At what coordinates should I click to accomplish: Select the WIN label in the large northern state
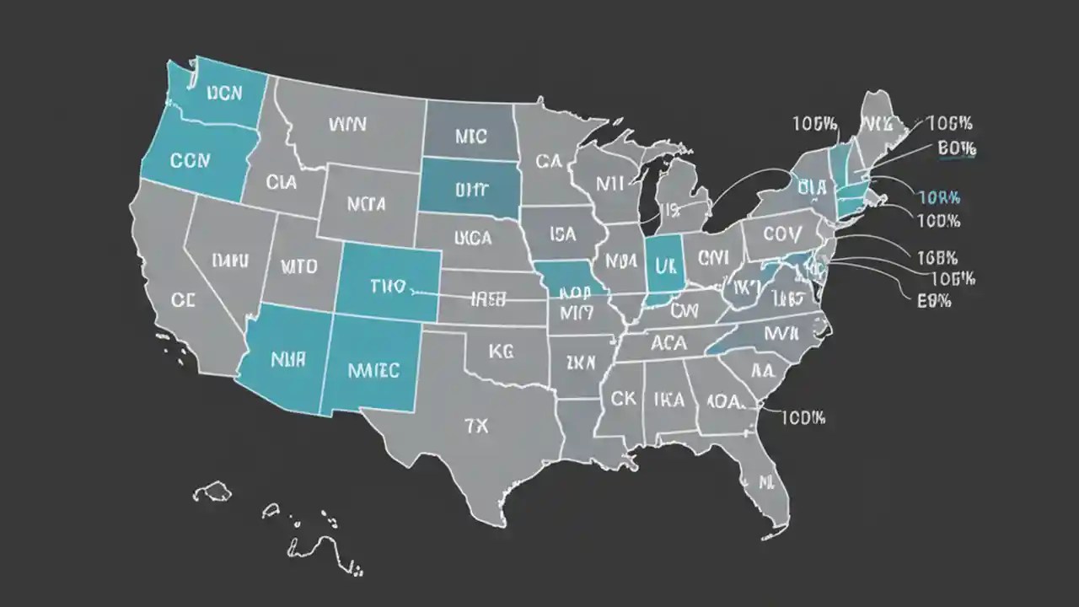click(347, 124)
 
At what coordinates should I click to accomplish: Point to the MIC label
click(470, 135)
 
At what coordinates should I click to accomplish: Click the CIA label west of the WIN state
click(281, 181)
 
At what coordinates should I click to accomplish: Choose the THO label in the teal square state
click(389, 287)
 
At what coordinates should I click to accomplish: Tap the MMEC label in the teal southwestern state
click(373, 369)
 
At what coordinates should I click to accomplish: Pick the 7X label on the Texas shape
click(476, 426)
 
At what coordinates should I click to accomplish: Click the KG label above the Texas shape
click(501, 352)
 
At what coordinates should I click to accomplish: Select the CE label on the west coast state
click(183, 299)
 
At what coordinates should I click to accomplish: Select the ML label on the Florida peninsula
click(765, 483)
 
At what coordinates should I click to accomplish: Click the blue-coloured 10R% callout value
click(938, 198)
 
